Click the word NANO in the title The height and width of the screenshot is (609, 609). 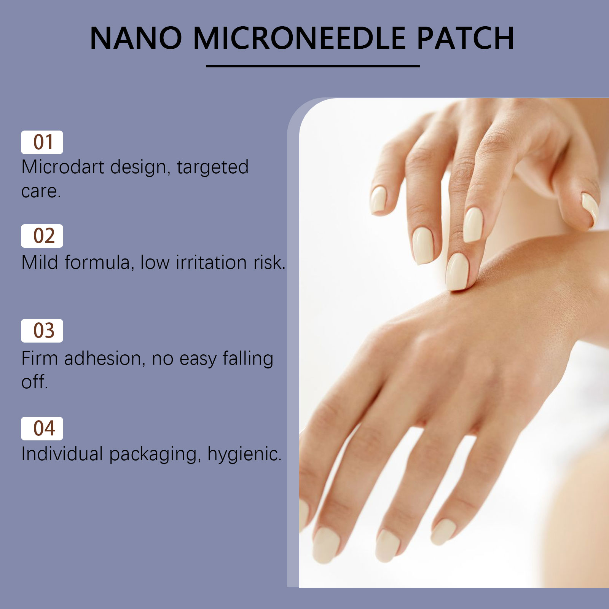tap(136, 38)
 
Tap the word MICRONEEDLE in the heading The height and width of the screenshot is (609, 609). tap(299, 38)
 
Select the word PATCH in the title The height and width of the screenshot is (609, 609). tap(466, 38)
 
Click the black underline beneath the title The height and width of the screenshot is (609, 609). tap(312, 66)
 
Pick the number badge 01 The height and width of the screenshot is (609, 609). tap(42, 142)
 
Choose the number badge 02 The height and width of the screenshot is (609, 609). tap(42, 236)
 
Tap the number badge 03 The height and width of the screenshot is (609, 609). tap(42, 331)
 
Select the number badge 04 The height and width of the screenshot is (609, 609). tap(42, 429)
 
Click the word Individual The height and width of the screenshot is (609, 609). tap(62, 454)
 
